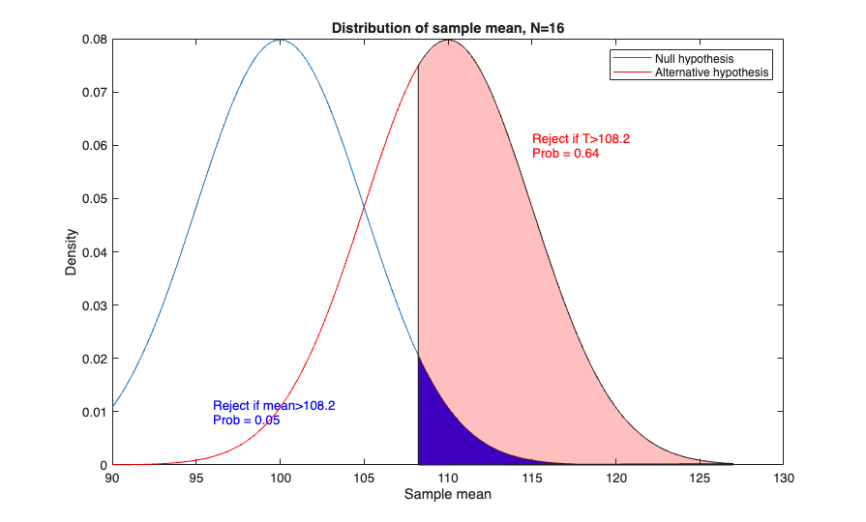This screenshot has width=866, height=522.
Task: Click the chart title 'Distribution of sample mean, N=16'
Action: pos(448,28)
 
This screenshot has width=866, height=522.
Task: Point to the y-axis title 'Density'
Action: pos(71,252)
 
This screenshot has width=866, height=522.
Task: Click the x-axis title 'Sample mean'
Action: pos(447,495)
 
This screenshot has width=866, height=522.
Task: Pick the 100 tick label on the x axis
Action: pos(281,478)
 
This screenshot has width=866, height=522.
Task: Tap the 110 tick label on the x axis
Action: pos(448,478)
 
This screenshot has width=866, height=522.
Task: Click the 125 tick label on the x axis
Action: pos(700,478)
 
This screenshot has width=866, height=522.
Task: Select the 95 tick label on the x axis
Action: pos(196,478)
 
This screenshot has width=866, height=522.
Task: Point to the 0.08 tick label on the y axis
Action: pos(93,40)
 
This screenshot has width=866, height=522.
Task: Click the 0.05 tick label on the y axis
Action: pos(93,199)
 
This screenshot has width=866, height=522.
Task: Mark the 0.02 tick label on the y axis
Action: pos(93,359)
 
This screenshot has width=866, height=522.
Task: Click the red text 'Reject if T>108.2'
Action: pos(581,139)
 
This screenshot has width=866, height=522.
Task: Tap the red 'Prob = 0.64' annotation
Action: pos(566,154)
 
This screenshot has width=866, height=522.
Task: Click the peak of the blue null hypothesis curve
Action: pos(281,40)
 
